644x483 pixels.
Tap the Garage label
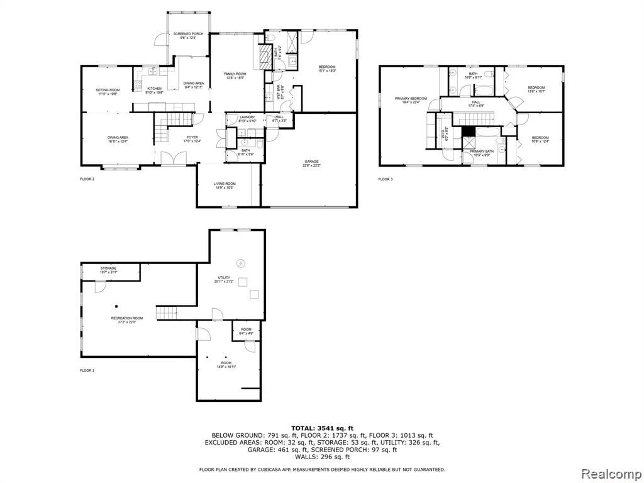(311, 163)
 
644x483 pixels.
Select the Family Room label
(235, 74)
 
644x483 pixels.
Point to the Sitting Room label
(107, 90)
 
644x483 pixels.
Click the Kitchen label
(154, 89)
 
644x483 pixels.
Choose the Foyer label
(192, 138)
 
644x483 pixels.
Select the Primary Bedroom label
(411, 99)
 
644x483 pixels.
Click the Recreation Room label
(126, 318)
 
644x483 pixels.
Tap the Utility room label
(223, 277)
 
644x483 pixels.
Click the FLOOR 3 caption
(385, 180)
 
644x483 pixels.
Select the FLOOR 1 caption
(87, 370)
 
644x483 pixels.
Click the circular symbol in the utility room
(239, 262)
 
